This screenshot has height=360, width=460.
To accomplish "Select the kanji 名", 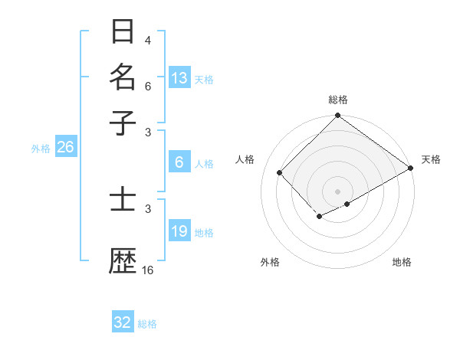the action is (123, 77).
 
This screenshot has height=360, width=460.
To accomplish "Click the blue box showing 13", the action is (179, 78).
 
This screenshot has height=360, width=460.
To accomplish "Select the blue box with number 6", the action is (179, 162).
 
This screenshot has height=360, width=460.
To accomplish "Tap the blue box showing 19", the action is (179, 231).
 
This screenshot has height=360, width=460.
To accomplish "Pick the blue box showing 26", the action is (65, 147).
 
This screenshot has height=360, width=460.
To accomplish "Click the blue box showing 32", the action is (123, 322).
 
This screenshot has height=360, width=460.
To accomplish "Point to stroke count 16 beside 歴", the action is (148, 270).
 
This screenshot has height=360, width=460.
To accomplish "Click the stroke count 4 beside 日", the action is (148, 40).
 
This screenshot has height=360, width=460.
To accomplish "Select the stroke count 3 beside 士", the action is (148, 208).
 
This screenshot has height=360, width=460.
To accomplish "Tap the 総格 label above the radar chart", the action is (338, 100).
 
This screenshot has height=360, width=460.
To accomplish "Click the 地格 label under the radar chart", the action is (402, 262).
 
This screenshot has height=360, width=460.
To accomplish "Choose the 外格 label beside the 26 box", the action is (41, 149).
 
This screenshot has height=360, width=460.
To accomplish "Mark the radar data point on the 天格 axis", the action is (411, 168).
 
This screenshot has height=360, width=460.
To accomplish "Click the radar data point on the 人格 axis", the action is (280, 172).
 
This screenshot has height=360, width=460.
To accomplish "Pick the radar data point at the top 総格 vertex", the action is (337, 116).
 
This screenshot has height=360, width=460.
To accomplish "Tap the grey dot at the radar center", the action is (337, 191).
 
